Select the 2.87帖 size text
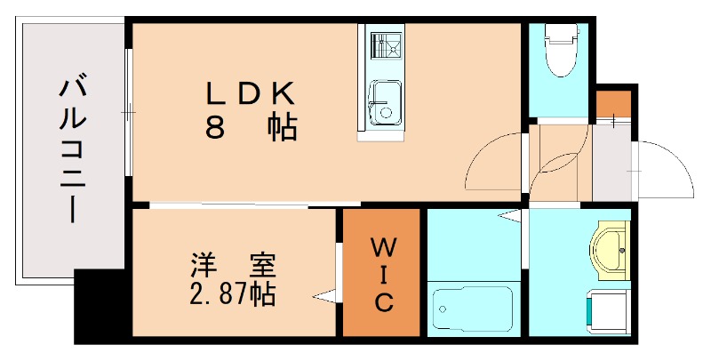point(233,293)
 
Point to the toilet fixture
point(560,51)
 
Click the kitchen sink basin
point(385,100)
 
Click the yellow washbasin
point(610,248)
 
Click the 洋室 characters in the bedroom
point(233,265)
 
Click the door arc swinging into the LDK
point(493,160)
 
